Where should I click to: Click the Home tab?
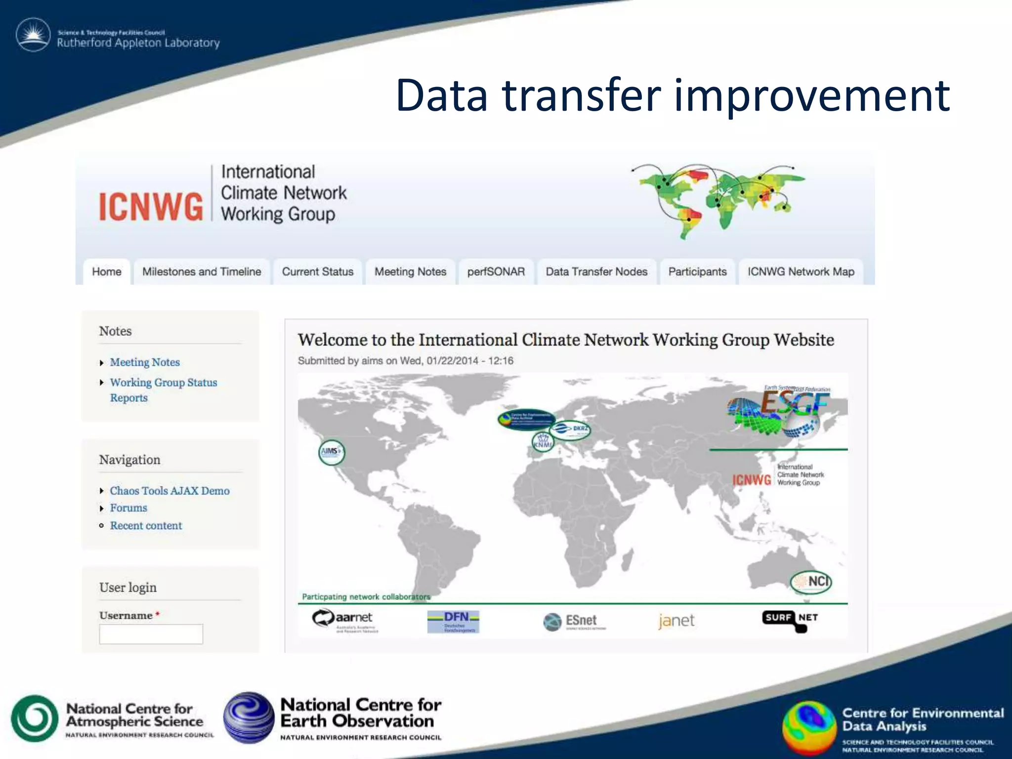point(107,272)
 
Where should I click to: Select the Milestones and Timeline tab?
point(202,272)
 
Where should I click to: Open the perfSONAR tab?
point(496,272)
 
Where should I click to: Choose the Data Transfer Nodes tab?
point(596,272)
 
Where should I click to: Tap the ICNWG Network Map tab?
point(801,272)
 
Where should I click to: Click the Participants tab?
point(697,272)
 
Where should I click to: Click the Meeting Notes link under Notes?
point(145,362)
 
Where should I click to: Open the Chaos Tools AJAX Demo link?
point(169,491)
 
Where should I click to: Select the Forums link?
point(128,508)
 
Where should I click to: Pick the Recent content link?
point(146,526)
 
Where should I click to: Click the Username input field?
point(151,634)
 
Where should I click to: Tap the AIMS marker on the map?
point(331,452)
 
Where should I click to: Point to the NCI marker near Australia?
point(811,582)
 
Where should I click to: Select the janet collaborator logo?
point(676,621)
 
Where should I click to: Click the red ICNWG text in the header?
point(151,207)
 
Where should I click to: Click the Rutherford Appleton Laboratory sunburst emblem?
point(33,35)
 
